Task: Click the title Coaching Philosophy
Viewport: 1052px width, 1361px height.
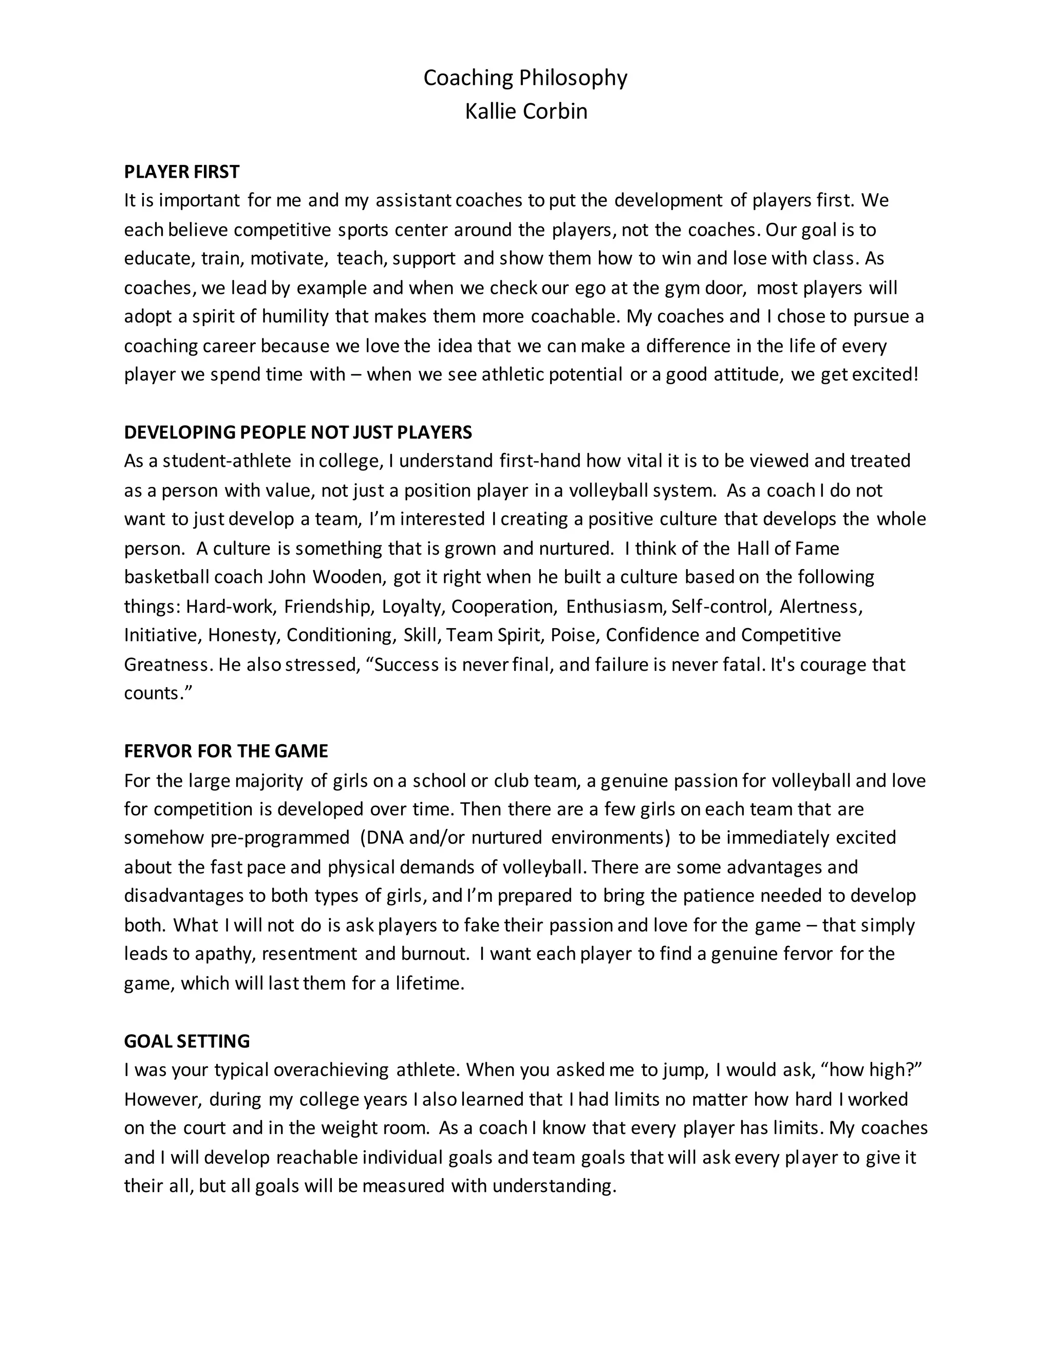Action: click(x=525, y=78)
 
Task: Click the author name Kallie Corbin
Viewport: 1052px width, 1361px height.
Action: click(x=525, y=111)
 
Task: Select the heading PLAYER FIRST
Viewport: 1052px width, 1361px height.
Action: click(x=181, y=172)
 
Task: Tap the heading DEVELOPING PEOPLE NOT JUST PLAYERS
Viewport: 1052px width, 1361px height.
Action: click(x=298, y=432)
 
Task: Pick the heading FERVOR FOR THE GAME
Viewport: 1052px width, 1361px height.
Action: click(x=226, y=751)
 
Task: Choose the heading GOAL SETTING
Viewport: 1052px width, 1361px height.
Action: click(x=186, y=1042)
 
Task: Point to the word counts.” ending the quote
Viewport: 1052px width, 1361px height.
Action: click(x=158, y=693)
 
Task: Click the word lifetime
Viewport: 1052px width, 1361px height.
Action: click(x=429, y=984)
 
